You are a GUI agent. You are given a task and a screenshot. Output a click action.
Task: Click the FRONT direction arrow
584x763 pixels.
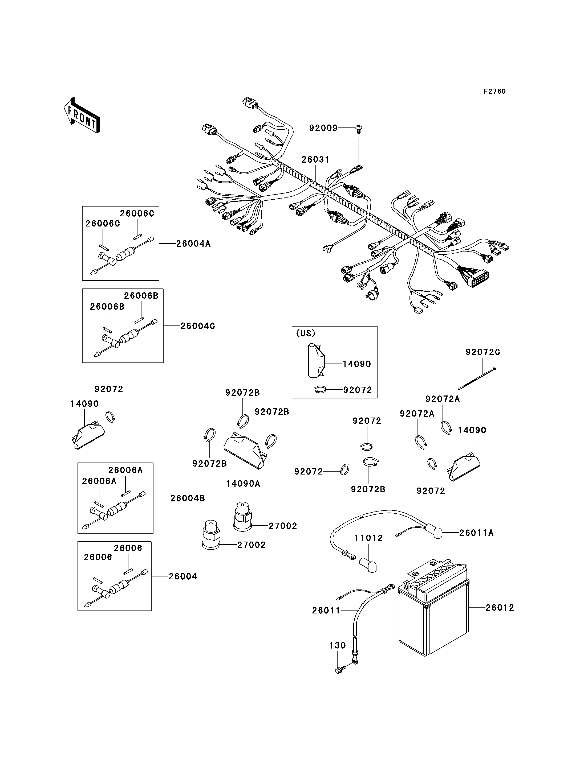82,115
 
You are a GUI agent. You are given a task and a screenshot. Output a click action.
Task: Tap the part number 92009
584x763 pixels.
323,128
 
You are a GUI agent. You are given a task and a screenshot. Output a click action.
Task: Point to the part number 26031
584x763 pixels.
315,159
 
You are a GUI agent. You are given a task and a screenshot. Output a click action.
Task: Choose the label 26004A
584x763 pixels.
193,244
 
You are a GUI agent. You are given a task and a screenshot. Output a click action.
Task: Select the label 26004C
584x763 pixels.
197,326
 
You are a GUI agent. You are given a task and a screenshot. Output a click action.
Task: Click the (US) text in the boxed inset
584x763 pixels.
306,333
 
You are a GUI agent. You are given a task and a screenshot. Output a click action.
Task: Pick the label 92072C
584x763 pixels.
483,352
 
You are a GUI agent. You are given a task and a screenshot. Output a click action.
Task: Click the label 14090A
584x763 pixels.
243,484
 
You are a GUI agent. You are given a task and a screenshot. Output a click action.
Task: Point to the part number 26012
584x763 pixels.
500,608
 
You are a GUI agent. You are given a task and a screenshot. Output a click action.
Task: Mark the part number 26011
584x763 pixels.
326,610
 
